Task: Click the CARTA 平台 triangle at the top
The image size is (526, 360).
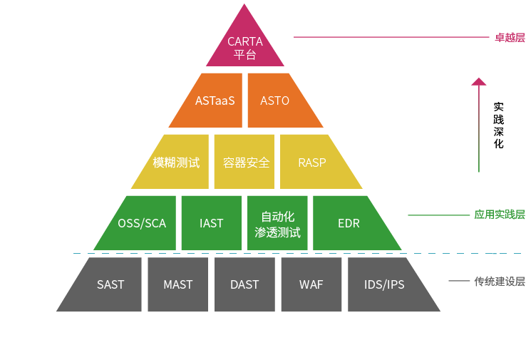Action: [x=245, y=43]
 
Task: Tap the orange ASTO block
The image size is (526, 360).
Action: [x=279, y=101]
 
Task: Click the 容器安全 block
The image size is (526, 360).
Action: [x=244, y=162]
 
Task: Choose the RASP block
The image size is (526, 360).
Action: [x=315, y=162]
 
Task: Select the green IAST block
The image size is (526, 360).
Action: [x=212, y=223]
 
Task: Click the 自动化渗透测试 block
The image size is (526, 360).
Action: [x=277, y=223]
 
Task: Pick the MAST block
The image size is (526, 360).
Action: [x=177, y=284]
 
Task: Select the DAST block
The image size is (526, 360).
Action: [x=244, y=284]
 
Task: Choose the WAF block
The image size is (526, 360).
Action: [x=311, y=284]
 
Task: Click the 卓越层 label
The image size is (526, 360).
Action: [x=510, y=38]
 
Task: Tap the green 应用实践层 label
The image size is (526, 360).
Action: [x=500, y=215]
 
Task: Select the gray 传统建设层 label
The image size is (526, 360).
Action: [x=500, y=282]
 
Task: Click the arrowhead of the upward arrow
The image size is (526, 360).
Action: [x=479, y=81]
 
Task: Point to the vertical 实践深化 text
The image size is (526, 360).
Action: [x=498, y=125]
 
